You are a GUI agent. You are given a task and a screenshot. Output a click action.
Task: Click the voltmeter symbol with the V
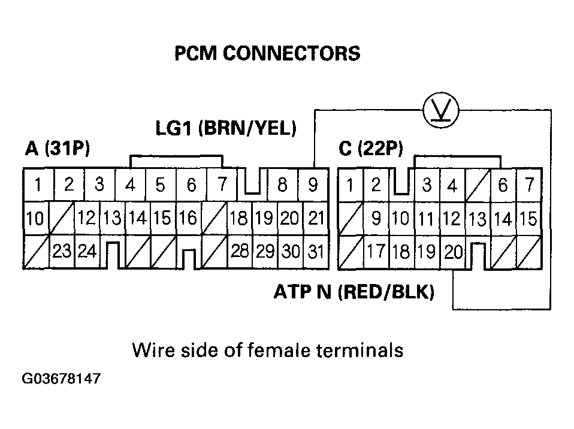441,110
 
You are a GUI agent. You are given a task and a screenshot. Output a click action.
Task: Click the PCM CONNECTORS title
267,54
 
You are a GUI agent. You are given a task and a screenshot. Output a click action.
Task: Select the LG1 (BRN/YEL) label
226,128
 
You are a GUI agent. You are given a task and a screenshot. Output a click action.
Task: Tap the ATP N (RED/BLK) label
354,292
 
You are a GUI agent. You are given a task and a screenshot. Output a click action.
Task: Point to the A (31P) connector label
58,149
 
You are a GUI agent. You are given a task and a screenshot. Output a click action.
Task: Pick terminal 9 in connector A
313,185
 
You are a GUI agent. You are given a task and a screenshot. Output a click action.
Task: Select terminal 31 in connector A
315,252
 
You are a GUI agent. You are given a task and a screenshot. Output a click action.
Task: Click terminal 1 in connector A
37,185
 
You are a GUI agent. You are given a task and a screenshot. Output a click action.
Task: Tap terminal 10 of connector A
35,219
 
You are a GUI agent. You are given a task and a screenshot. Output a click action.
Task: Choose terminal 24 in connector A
87,252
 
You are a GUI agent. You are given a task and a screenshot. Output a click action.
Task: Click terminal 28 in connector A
240,252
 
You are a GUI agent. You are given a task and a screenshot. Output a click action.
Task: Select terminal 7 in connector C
528,185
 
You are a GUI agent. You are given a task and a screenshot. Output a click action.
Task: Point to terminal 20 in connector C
454,252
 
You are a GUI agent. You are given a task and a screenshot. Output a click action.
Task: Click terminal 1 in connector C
351,185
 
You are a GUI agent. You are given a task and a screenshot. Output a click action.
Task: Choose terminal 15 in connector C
527,219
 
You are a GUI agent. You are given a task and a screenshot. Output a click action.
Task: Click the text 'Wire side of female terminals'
267,350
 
